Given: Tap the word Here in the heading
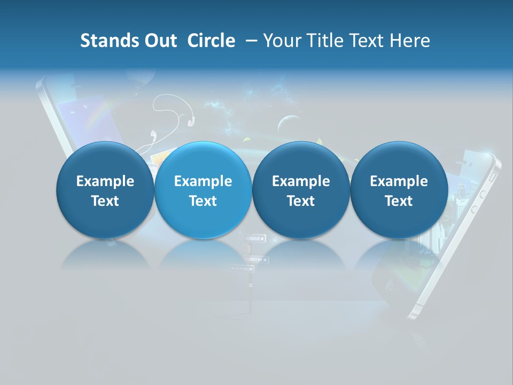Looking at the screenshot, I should click(x=410, y=41).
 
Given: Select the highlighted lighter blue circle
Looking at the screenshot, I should click(x=203, y=190).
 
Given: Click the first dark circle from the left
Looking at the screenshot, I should click(x=105, y=190).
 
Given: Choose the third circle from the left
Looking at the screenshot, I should click(x=301, y=190).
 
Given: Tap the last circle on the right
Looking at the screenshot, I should click(x=399, y=190).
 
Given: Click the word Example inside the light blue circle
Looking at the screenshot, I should click(x=203, y=181).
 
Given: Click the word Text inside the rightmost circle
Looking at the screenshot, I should click(x=399, y=201).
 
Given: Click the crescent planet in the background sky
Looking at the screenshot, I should click(x=285, y=124).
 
